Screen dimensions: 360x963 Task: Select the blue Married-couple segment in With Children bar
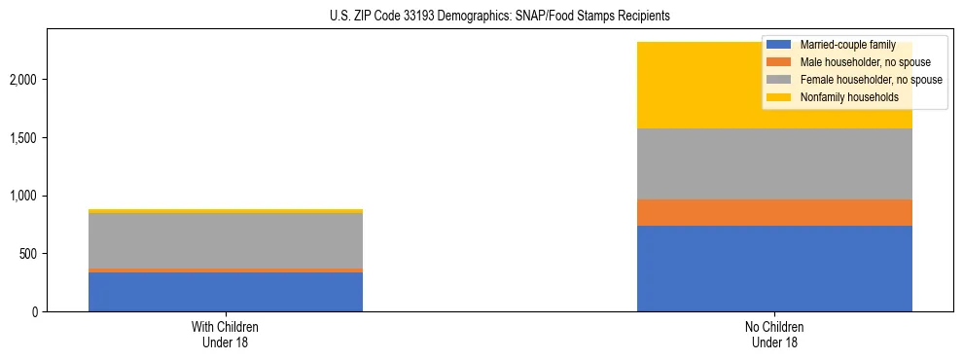click(x=226, y=292)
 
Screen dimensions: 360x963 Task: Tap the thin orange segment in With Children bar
click(x=226, y=270)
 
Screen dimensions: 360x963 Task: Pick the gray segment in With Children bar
click(x=226, y=240)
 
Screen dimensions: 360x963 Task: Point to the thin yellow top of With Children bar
click(x=226, y=211)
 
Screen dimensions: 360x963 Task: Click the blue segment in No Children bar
click(x=774, y=269)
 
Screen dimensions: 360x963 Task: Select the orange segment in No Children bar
click(x=774, y=212)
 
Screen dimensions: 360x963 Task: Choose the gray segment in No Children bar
click(x=774, y=163)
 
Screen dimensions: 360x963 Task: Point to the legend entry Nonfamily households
click(x=842, y=97)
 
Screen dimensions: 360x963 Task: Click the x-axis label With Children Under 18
click(x=226, y=334)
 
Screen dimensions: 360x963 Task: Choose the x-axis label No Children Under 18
click(x=774, y=334)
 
